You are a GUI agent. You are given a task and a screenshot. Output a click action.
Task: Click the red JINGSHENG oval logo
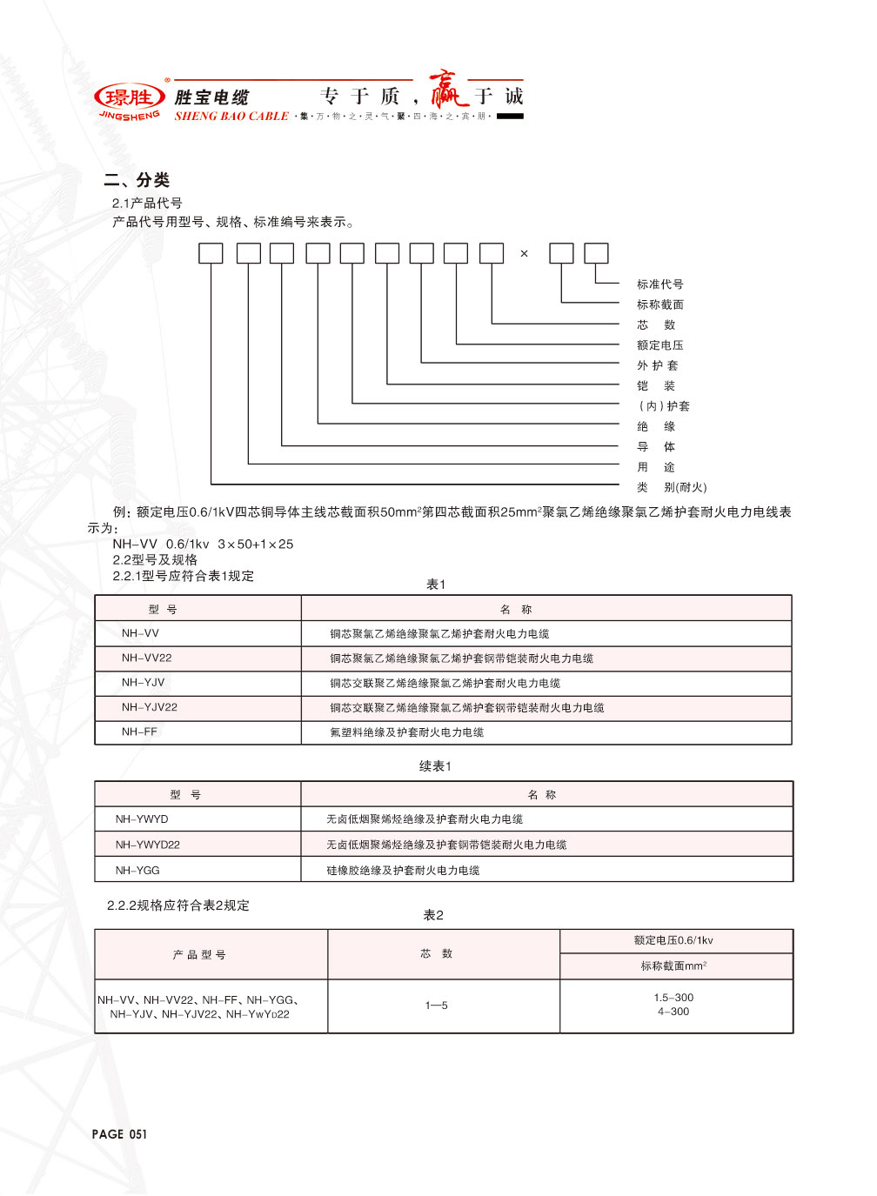pyautogui.click(x=129, y=97)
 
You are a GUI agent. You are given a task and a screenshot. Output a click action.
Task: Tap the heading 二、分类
pyautogui.click(x=137, y=180)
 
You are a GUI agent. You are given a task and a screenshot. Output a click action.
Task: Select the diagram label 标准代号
pyautogui.click(x=659, y=284)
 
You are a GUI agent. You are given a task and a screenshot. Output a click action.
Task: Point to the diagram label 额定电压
pyautogui.click(x=659, y=345)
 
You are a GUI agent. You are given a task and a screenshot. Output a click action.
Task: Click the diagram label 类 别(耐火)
pyautogui.click(x=671, y=487)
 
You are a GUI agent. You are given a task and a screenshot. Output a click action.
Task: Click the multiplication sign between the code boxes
pyautogui.click(x=524, y=254)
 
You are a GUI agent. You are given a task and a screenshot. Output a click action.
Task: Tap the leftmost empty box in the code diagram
pyautogui.click(x=211, y=253)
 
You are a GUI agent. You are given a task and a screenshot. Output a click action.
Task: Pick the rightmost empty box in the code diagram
pyautogui.click(x=596, y=253)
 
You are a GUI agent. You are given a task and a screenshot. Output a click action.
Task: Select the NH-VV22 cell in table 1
pyautogui.click(x=147, y=658)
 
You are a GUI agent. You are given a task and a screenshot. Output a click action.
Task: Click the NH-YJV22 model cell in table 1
pyautogui.click(x=150, y=707)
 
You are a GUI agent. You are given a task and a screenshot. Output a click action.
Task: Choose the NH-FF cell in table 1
pyautogui.click(x=140, y=732)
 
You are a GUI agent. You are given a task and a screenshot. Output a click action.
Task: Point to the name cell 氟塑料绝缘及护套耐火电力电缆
pyautogui.click(x=406, y=732)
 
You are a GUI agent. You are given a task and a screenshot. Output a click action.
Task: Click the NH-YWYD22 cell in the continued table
pyautogui.click(x=148, y=845)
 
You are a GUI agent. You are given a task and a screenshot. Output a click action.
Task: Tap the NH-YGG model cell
pyautogui.click(x=137, y=870)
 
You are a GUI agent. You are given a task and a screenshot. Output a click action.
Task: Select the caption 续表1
pyautogui.click(x=435, y=766)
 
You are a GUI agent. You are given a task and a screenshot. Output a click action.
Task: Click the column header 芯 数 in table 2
pyautogui.click(x=436, y=954)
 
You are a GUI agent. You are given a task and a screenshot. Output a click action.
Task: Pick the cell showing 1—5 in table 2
pyautogui.click(x=436, y=1006)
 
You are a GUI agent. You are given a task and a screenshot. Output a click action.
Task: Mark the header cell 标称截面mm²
pyautogui.click(x=673, y=966)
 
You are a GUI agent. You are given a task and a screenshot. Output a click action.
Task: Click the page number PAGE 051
pyautogui.click(x=119, y=1134)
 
